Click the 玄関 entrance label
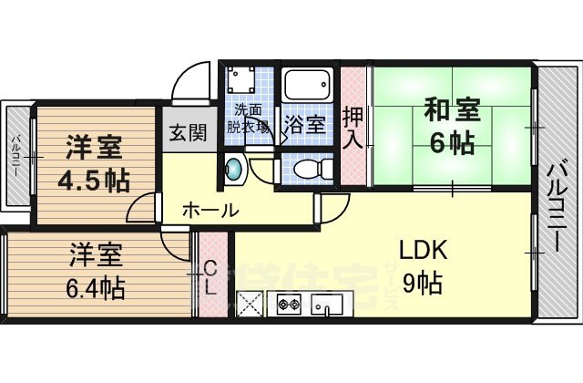pos(188,131)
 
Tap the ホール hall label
pos(210,210)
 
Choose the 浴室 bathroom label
pos(304,124)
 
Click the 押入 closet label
pos(353,128)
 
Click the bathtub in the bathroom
pos(308,87)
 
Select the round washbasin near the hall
pos(235,169)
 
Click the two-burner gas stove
pos(290,303)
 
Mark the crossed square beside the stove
pos(251,304)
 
